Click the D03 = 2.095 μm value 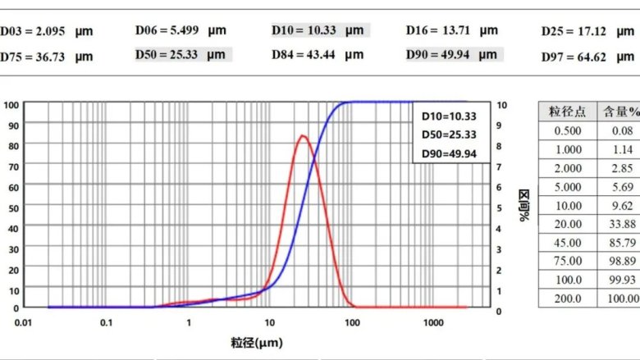click(x=47, y=31)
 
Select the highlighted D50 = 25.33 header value click(x=181, y=55)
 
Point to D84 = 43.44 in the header click(x=317, y=55)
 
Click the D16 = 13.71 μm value click(x=452, y=30)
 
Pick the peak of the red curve click(x=303, y=135)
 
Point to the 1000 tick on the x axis click(x=434, y=323)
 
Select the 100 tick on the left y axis click(x=11, y=105)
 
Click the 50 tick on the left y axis click(x=14, y=207)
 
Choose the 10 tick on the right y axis click(x=502, y=105)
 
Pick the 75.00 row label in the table click(x=568, y=262)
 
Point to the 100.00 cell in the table click(x=622, y=299)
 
